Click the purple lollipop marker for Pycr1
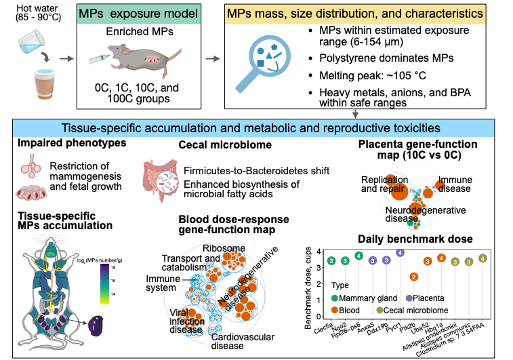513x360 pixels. tap(400, 252)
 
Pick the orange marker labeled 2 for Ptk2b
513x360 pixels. tap(414, 277)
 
